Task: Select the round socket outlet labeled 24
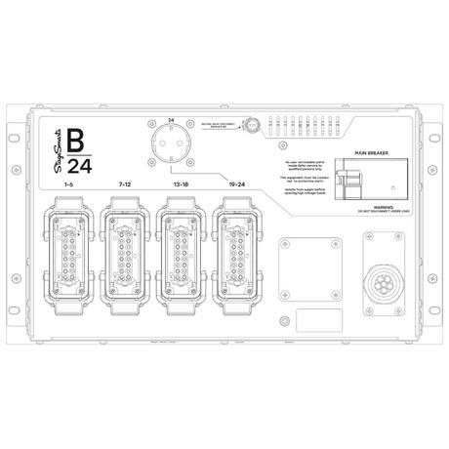click(172, 147)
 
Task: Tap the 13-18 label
click(181, 184)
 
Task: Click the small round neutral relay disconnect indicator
click(249, 125)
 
